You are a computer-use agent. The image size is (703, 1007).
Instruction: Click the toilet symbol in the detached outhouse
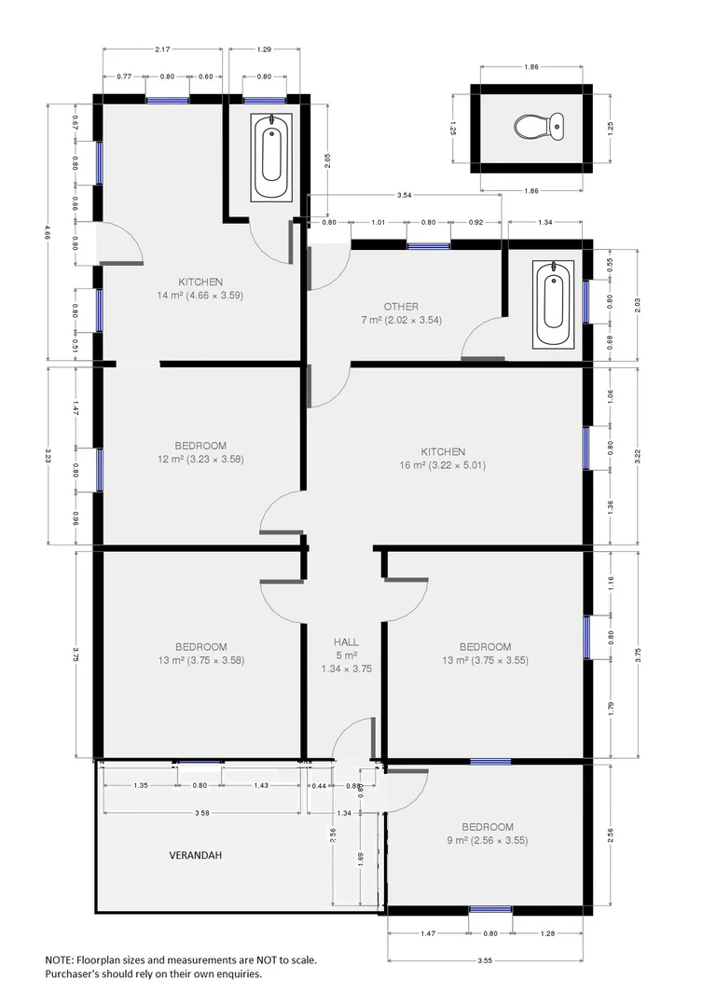(x=540, y=125)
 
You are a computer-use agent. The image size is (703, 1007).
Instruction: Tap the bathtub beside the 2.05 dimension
(x=271, y=157)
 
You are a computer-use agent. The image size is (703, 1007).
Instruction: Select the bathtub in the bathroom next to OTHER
(x=553, y=305)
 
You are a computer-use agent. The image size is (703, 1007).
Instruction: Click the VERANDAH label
(x=197, y=854)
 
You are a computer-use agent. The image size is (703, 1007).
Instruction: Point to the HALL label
(x=346, y=642)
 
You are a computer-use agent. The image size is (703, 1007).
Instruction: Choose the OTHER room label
(x=401, y=306)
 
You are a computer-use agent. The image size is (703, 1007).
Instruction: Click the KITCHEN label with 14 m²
(x=200, y=282)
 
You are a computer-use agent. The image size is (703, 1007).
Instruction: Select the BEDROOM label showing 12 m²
(x=200, y=446)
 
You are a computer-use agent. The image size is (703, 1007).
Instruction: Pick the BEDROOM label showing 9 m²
(x=488, y=827)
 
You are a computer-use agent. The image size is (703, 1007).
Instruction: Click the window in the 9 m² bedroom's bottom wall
(x=490, y=909)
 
